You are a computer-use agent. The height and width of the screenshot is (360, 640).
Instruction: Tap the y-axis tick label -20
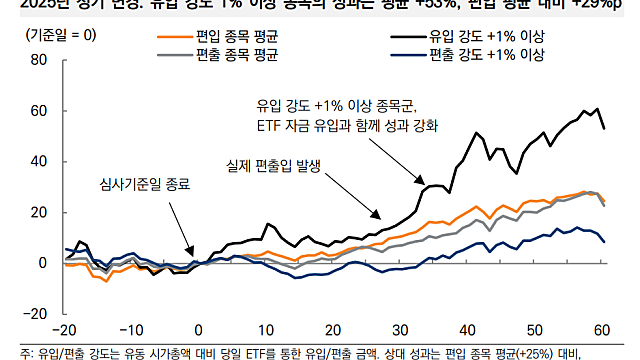35,313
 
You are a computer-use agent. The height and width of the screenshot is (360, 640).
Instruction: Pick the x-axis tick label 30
400,331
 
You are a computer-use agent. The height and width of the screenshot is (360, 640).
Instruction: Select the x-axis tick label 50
535,331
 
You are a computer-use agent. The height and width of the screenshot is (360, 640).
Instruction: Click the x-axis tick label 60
602,331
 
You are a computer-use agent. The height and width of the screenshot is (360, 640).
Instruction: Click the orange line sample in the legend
177,37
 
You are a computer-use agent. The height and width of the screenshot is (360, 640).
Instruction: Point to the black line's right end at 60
603,128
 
